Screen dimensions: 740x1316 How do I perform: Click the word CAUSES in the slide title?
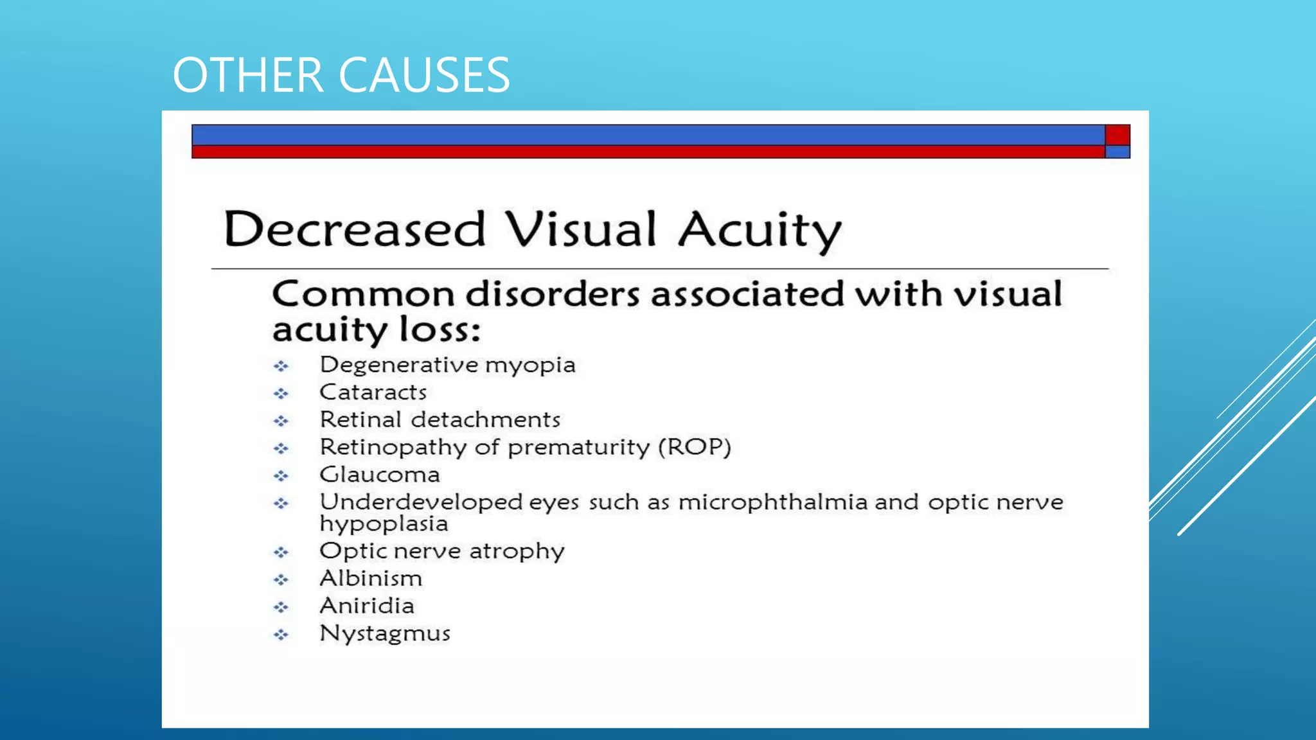(424, 75)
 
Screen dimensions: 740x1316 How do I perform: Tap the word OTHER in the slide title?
(248, 75)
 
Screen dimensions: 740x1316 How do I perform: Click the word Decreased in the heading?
(354, 229)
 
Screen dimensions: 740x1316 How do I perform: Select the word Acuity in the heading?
(760, 231)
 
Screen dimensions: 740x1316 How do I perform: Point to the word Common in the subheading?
(363, 294)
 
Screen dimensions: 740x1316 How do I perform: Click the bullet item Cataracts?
(373, 392)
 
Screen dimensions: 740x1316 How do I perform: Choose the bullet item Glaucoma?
(380, 475)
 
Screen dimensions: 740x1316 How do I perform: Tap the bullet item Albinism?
(371, 578)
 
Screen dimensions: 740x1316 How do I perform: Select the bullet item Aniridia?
(367, 606)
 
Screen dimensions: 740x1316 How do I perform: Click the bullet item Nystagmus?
(385, 633)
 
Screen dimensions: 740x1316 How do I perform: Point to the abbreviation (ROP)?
(695, 447)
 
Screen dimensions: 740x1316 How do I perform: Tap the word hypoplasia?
(384, 524)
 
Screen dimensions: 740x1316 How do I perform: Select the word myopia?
(530, 366)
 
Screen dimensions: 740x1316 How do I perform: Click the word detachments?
(486, 419)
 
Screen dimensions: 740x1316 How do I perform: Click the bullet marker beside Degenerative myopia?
(281, 366)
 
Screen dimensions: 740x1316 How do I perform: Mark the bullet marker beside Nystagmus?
(281, 635)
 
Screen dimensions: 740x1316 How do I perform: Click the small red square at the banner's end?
(1117, 135)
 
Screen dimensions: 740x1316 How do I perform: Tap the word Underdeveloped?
(421, 502)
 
